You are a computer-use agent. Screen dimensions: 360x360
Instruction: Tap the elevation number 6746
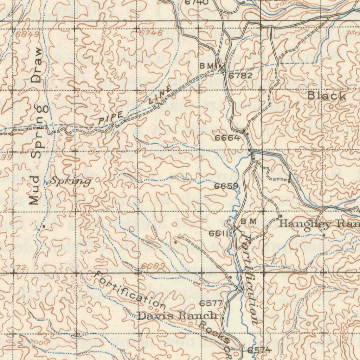click(x=151, y=33)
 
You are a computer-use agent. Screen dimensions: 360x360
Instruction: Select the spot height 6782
click(x=240, y=76)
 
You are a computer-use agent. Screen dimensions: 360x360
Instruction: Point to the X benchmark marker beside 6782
click(x=221, y=68)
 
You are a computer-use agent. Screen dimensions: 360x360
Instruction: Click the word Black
click(x=327, y=96)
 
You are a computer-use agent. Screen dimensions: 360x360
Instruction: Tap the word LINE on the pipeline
click(x=160, y=96)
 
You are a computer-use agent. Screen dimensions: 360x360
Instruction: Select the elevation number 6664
click(x=228, y=138)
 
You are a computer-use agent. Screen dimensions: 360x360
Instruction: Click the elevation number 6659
click(x=227, y=186)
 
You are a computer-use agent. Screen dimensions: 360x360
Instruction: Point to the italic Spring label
click(x=70, y=181)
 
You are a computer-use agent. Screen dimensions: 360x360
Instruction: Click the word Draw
click(x=36, y=65)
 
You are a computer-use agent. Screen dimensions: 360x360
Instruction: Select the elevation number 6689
click(x=154, y=266)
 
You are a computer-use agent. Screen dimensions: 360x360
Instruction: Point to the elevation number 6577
click(x=211, y=303)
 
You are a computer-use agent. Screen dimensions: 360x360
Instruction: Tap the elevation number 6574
click(x=259, y=350)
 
